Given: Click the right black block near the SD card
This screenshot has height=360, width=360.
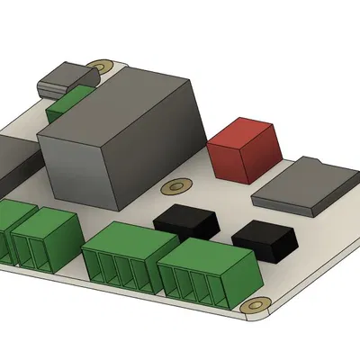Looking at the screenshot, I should [265, 239].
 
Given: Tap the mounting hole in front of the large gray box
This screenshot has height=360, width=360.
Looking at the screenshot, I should [170, 188].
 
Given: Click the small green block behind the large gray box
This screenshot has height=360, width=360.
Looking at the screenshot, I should [68, 104].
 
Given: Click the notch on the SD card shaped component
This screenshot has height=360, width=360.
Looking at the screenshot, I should [318, 164].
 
